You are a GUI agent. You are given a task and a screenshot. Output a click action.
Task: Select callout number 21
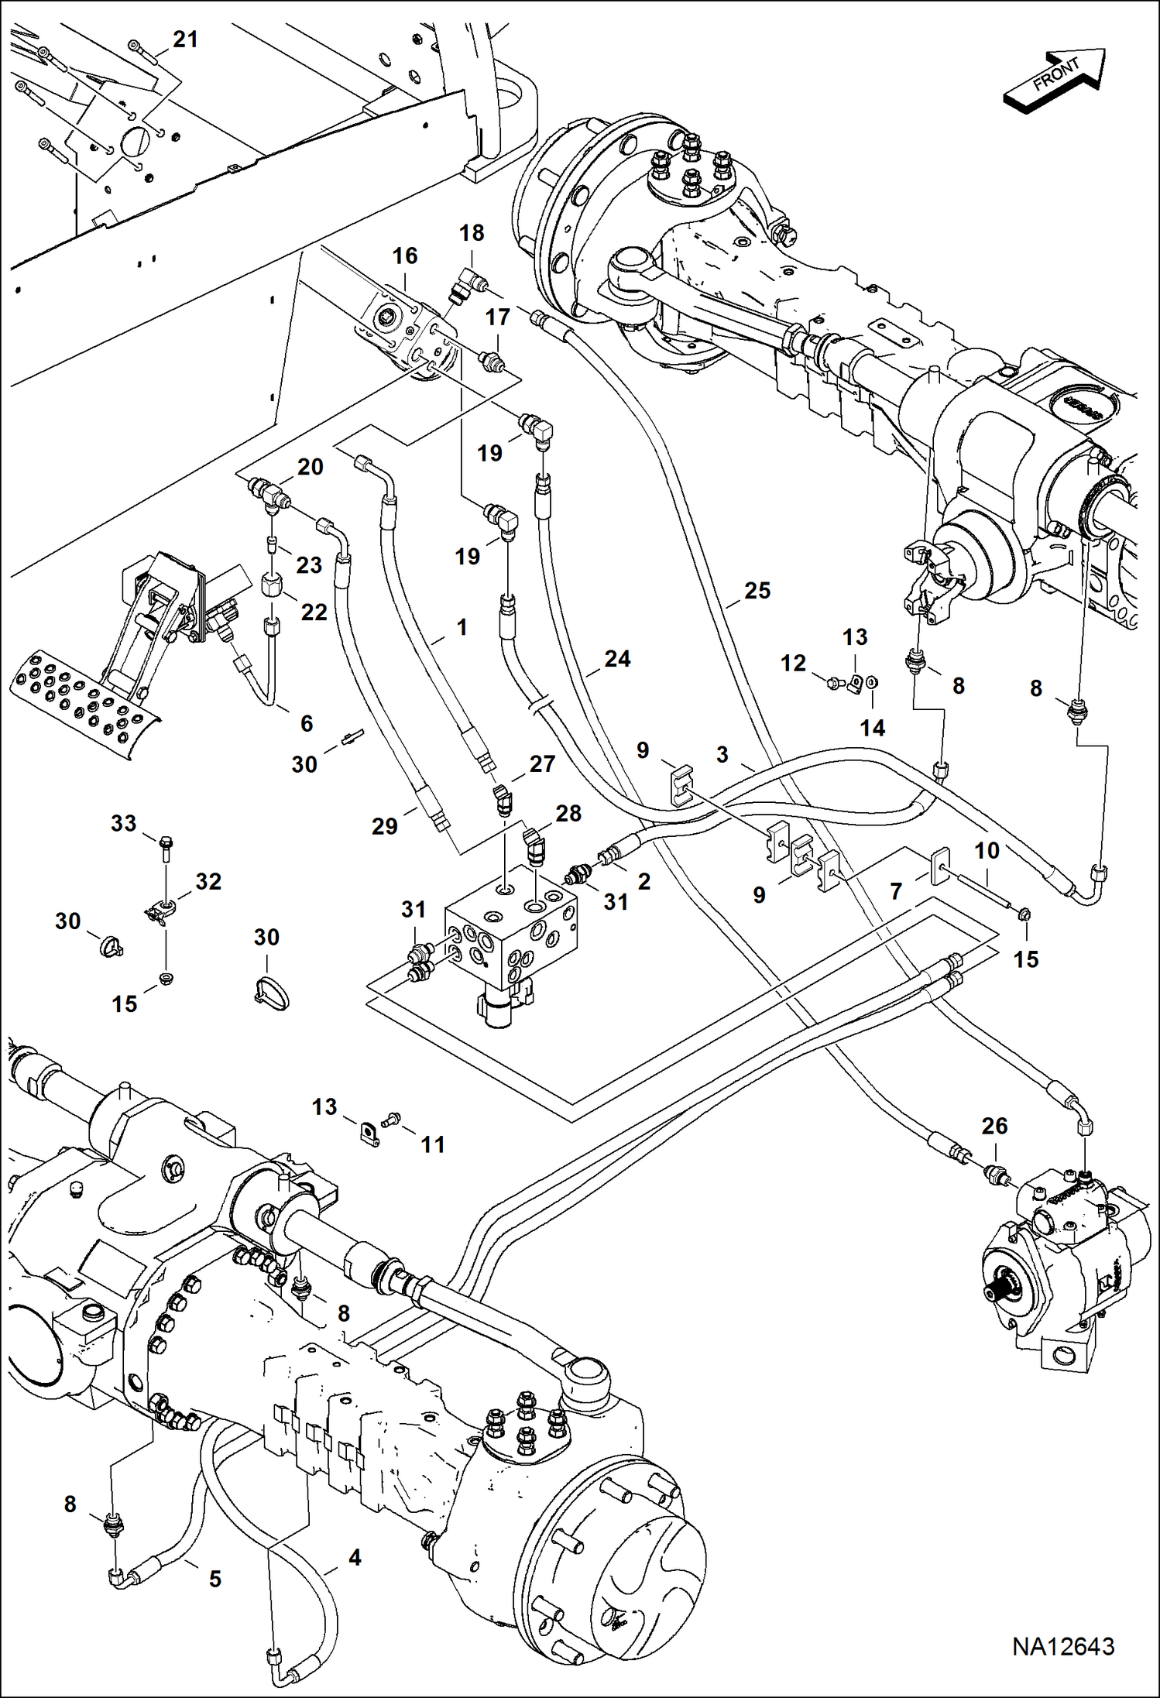[185, 39]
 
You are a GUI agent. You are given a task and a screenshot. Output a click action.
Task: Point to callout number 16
[405, 256]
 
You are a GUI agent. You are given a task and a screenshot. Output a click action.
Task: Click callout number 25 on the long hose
[757, 591]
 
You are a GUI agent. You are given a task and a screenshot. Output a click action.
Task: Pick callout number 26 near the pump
[994, 1126]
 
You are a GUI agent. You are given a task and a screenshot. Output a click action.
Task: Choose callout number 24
[617, 659]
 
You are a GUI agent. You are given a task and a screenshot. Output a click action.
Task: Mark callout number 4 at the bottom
[355, 1557]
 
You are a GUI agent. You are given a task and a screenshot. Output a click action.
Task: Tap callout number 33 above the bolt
[124, 823]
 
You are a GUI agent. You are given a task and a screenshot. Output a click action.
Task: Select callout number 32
[208, 881]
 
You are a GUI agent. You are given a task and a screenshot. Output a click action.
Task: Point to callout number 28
[568, 813]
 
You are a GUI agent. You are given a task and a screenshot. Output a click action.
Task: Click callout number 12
[793, 663]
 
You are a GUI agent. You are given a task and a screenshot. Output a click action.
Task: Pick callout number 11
[433, 1144]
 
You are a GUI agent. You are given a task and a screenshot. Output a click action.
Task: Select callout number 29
[385, 826]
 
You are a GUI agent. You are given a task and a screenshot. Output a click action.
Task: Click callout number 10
[987, 851]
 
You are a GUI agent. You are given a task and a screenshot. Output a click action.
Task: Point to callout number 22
[314, 612]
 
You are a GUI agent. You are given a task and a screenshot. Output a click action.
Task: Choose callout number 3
[722, 754]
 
